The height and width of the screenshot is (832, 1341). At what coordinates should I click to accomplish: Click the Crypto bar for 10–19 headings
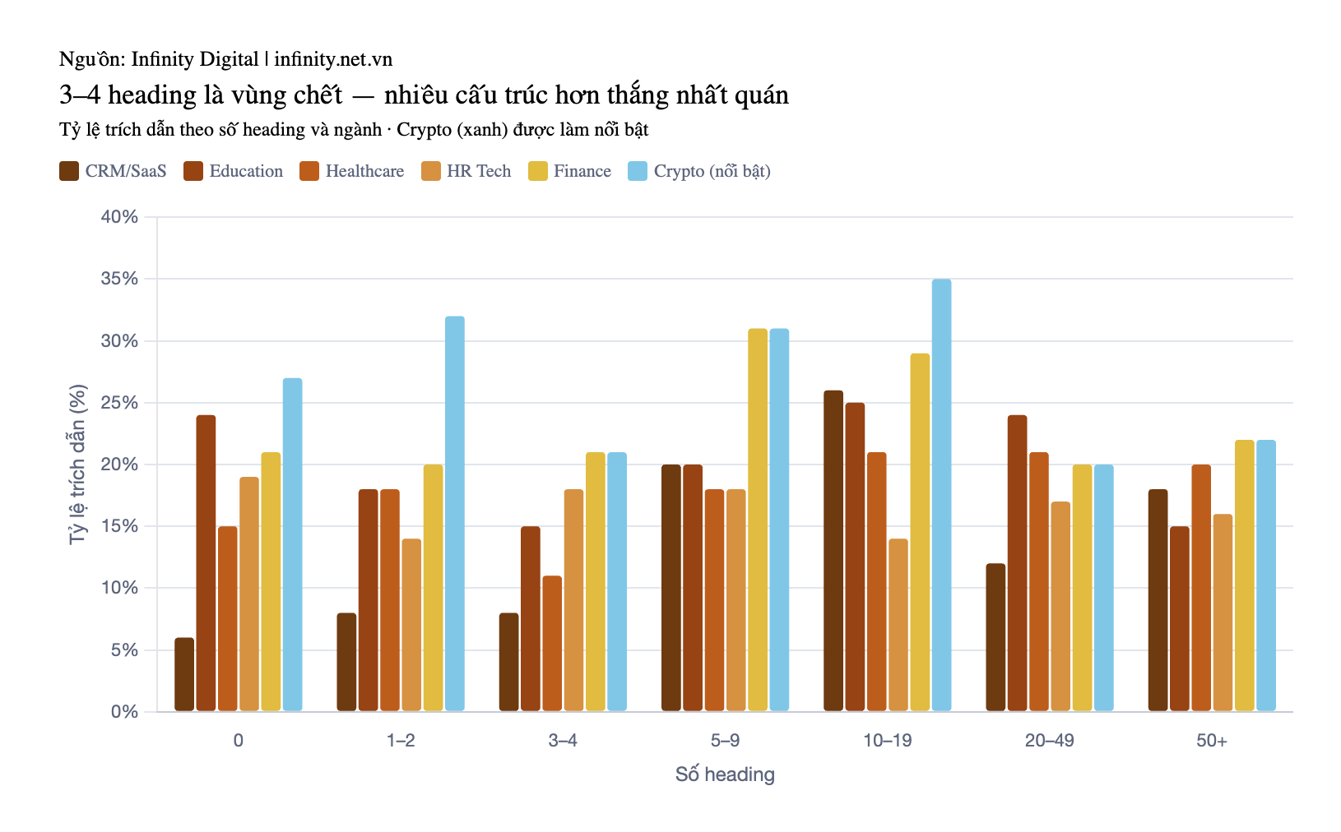coord(941,495)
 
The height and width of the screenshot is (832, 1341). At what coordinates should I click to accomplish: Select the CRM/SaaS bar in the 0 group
coord(184,674)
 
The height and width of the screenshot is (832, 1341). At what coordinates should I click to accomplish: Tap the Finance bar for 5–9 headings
coord(758,520)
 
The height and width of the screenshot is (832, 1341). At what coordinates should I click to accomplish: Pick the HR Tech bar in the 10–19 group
coord(898,625)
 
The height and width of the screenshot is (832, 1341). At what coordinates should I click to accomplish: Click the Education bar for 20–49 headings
coord(1017,563)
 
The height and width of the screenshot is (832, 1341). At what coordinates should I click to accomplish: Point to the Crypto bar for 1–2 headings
coord(454,513)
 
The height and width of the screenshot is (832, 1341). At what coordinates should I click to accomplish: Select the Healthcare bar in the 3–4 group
coord(552,644)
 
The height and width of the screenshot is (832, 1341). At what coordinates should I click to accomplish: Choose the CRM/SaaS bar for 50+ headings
coord(1158,600)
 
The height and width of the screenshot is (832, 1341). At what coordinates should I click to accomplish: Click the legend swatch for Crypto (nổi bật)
coord(638,171)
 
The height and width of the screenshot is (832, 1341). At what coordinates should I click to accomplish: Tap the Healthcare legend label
coord(364,171)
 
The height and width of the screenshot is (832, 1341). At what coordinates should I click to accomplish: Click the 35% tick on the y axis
coord(120,279)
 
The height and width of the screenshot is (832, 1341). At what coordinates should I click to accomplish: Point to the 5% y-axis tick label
coord(124,649)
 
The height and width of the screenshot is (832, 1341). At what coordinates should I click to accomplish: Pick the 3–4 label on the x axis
coord(563,741)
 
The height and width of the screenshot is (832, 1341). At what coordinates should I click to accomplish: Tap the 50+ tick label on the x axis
coord(1212,741)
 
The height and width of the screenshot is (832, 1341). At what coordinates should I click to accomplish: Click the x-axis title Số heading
coord(725,774)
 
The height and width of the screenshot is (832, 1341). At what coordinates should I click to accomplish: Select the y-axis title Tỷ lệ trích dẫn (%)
coord(77,465)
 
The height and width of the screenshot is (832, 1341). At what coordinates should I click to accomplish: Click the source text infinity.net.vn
coord(333,59)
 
